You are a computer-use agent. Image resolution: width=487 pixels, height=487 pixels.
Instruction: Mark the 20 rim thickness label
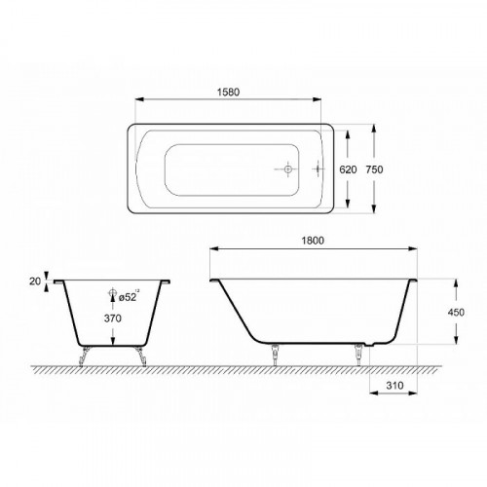pos(35,281)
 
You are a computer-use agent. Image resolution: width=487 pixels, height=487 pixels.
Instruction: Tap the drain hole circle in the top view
pos(287,168)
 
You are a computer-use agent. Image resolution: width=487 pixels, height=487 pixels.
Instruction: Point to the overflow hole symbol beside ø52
pos(113,293)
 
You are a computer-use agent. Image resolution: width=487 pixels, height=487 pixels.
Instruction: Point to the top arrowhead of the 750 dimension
pos(374,126)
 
